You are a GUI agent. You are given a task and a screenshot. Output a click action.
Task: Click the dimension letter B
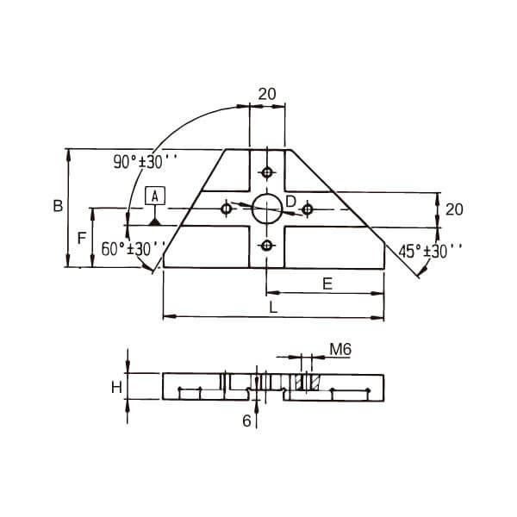click(57, 207)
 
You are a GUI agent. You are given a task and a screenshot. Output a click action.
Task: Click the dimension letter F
click(81, 238)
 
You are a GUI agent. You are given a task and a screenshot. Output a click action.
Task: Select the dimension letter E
click(327, 283)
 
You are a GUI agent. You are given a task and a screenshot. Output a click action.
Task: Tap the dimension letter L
click(272, 307)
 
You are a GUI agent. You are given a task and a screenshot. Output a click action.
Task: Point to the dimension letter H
click(115, 388)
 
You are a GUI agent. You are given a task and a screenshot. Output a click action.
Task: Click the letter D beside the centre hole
click(290, 201)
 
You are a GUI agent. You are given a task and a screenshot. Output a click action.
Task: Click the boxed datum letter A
click(154, 196)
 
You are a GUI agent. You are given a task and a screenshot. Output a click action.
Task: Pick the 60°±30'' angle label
click(134, 249)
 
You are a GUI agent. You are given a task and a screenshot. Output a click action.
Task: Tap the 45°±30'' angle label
click(430, 252)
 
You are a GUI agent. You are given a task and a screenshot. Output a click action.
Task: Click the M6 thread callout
click(340, 350)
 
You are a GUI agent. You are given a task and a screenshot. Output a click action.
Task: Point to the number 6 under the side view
click(246, 421)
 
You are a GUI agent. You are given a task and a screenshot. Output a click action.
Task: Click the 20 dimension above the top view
click(266, 94)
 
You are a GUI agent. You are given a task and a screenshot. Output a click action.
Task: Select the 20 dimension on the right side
click(454, 209)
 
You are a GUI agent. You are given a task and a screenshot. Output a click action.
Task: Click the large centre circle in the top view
click(267, 208)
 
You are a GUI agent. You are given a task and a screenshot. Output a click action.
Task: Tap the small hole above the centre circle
click(267, 171)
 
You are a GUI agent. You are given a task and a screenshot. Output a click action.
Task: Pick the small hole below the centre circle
click(267, 246)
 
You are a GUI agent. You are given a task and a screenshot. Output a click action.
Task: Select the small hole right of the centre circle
click(307, 209)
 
